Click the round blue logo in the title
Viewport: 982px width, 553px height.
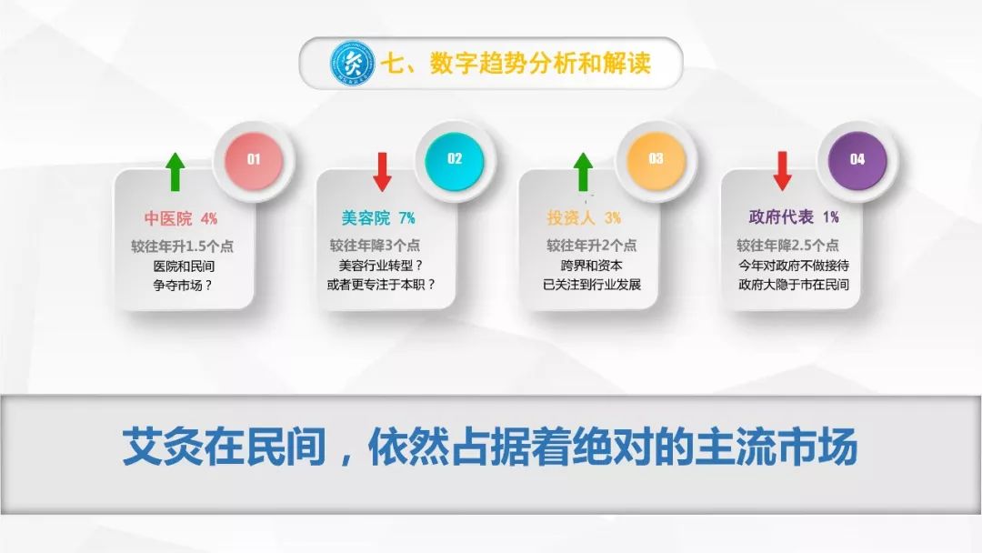pyautogui.click(x=353, y=64)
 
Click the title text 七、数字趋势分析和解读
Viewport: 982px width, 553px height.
pyautogui.click(x=516, y=64)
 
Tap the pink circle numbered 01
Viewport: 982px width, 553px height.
pyautogui.click(x=254, y=160)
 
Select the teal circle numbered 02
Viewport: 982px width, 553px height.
pyautogui.click(x=455, y=160)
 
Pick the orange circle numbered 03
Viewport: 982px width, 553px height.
pyautogui.click(x=656, y=159)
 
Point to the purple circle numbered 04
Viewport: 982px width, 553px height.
pyautogui.click(x=857, y=159)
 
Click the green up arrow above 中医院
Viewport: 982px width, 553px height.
pyautogui.click(x=175, y=172)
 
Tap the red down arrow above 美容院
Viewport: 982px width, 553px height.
pyautogui.click(x=382, y=172)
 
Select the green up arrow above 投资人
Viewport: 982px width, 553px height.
pyautogui.click(x=583, y=172)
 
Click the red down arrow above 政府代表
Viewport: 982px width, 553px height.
pyautogui.click(x=782, y=170)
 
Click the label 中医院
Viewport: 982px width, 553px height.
pyautogui.click(x=168, y=218)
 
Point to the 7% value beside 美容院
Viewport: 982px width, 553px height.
pyautogui.click(x=407, y=218)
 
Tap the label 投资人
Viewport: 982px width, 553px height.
pyautogui.click(x=570, y=218)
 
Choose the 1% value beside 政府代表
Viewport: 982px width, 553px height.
pyautogui.click(x=831, y=217)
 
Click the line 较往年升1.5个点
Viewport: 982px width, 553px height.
pyautogui.click(x=182, y=246)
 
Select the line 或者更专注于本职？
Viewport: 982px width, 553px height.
pyautogui.click(x=381, y=285)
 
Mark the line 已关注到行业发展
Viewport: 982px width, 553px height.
pyautogui.click(x=592, y=285)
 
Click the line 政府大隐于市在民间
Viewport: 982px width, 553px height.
pyautogui.click(x=794, y=285)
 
